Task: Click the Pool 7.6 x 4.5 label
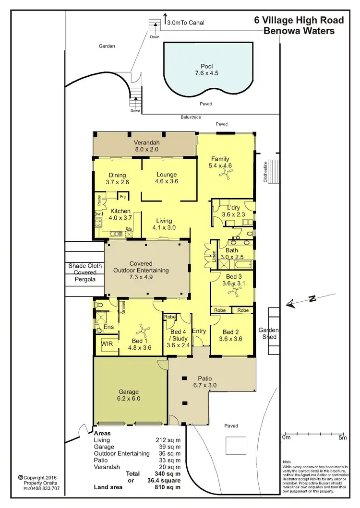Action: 207,70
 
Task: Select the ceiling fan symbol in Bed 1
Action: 142,330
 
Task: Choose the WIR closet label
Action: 106,343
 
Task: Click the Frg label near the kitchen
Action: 123,196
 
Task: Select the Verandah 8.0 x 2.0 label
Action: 146,146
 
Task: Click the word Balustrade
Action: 191,117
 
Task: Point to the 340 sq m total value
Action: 170,473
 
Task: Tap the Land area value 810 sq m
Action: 170,487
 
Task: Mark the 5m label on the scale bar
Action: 342,437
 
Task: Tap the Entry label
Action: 199,331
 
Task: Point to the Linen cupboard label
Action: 214,259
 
